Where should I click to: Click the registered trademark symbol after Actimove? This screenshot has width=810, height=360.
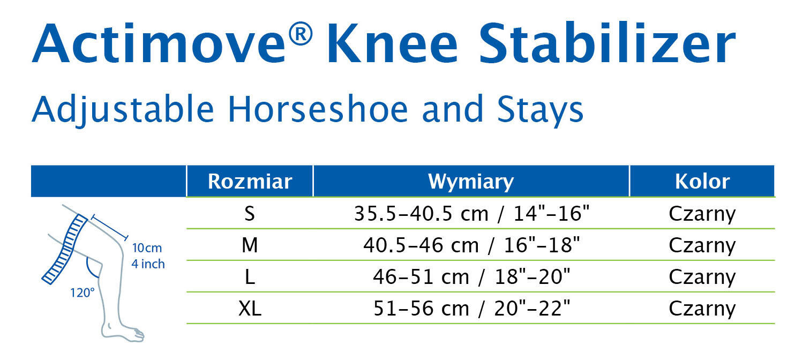click(x=301, y=34)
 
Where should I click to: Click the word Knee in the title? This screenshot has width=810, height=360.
click(x=393, y=43)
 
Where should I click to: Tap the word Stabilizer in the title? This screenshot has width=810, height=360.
click(x=607, y=43)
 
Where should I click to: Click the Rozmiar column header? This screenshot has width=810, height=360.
click(x=250, y=181)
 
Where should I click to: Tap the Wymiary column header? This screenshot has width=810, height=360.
click(x=471, y=182)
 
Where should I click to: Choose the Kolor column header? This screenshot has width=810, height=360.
click(x=702, y=181)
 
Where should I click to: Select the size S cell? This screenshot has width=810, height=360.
click(x=250, y=213)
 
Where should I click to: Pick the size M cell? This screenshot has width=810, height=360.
click(x=250, y=245)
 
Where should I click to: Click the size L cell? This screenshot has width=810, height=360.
click(x=250, y=277)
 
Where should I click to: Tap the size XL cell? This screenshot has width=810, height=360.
click(x=250, y=309)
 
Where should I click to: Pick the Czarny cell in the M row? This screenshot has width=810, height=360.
click(x=702, y=246)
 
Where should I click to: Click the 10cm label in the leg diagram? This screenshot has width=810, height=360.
click(x=147, y=248)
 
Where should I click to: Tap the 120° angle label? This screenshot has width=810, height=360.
click(x=82, y=292)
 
